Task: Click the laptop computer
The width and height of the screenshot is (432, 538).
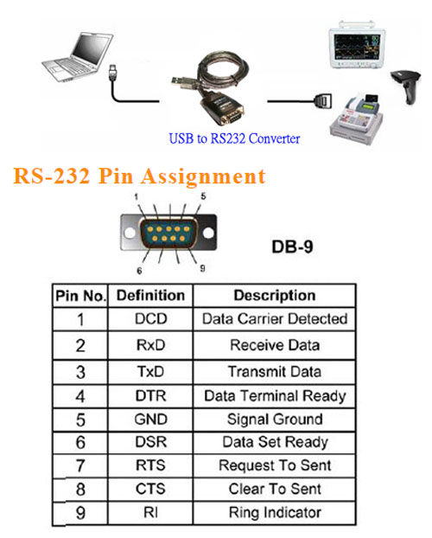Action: click(x=78, y=57)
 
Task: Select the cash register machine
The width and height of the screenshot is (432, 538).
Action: click(x=356, y=118)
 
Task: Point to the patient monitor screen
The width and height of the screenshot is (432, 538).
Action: click(x=357, y=45)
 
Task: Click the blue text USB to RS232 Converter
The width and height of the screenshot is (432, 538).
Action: click(x=234, y=138)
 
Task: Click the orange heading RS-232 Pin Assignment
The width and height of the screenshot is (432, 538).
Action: click(x=139, y=176)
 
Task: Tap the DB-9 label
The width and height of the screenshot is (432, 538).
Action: click(x=292, y=247)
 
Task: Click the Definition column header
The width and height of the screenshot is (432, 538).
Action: click(x=150, y=296)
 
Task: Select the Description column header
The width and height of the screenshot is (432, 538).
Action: click(x=274, y=296)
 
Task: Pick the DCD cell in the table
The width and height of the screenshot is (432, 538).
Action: click(x=150, y=319)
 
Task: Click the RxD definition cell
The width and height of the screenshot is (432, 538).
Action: click(x=150, y=345)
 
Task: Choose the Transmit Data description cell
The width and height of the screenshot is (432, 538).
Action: click(x=274, y=372)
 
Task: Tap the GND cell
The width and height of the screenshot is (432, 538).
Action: click(x=150, y=420)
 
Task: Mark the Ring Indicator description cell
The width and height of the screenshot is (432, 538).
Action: click(x=274, y=513)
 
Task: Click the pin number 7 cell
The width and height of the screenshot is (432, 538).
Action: click(x=80, y=465)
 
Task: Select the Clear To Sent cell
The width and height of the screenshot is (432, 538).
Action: click(x=274, y=489)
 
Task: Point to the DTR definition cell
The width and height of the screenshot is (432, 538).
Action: click(x=150, y=396)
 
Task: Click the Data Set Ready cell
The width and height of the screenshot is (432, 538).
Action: click(x=274, y=442)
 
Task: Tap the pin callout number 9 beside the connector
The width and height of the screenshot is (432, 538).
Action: click(x=202, y=268)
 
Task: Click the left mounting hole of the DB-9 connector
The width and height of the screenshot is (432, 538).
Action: click(x=130, y=233)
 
